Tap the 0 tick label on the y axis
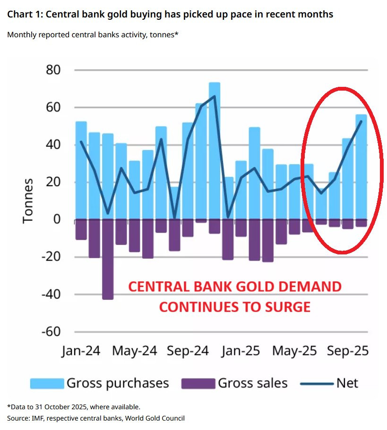tap(57, 219)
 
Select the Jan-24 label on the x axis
tap(81, 351)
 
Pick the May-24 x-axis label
tap(135, 351)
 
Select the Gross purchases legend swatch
tap(47, 383)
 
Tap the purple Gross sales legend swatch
tap(198, 383)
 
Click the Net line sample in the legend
tap(317, 383)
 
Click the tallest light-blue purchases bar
tap(215, 151)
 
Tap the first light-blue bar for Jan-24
tap(81, 170)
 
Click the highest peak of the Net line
tap(215, 96)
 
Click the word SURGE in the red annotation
tap(288, 307)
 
